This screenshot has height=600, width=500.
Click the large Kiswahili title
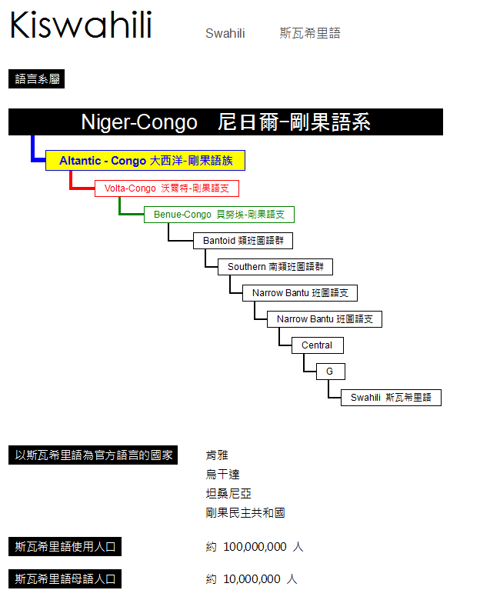(x=81, y=25)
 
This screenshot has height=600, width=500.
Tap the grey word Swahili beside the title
(x=225, y=33)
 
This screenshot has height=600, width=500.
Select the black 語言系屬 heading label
(x=36, y=78)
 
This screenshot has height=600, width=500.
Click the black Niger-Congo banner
(x=225, y=122)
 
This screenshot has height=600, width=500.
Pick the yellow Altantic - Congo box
(x=145, y=160)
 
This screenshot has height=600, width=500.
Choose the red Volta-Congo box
(x=167, y=188)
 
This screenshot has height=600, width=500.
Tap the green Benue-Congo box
(x=219, y=215)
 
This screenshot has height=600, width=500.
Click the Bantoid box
(x=243, y=241)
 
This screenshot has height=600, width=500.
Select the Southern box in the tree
(x=275, y=267)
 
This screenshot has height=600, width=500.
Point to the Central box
(x=318, y=345)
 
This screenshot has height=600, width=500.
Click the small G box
(x=331, y=372)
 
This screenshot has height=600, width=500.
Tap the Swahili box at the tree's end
(x=391, y=398)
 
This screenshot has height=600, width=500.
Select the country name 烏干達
(x=222, y=475)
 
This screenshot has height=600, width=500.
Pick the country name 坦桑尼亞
(x=228, y=494)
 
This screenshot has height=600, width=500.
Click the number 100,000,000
(x=255, y=547)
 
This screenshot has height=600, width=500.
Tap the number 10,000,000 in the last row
(x=252, y=579)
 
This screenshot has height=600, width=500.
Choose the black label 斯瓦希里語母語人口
(x=65, y=579)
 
